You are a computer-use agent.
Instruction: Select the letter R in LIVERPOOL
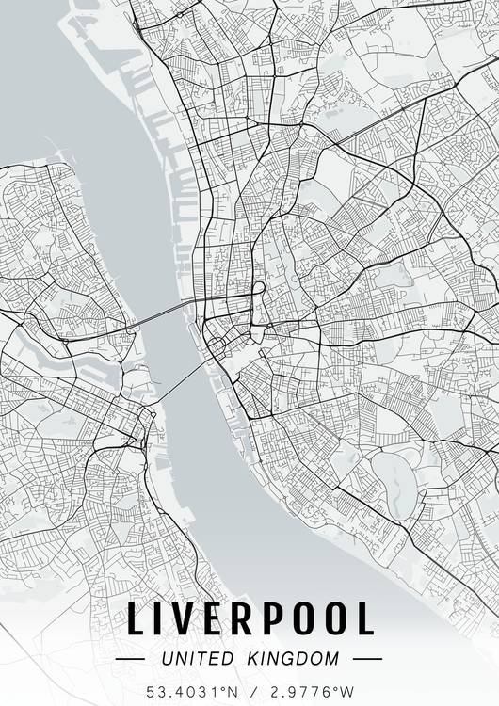[x=248, y=618]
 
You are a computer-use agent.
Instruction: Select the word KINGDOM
[x=295, y=659]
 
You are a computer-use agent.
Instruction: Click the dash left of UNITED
[x=130, y=659]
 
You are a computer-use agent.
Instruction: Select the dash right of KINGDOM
[x=367, y=659]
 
